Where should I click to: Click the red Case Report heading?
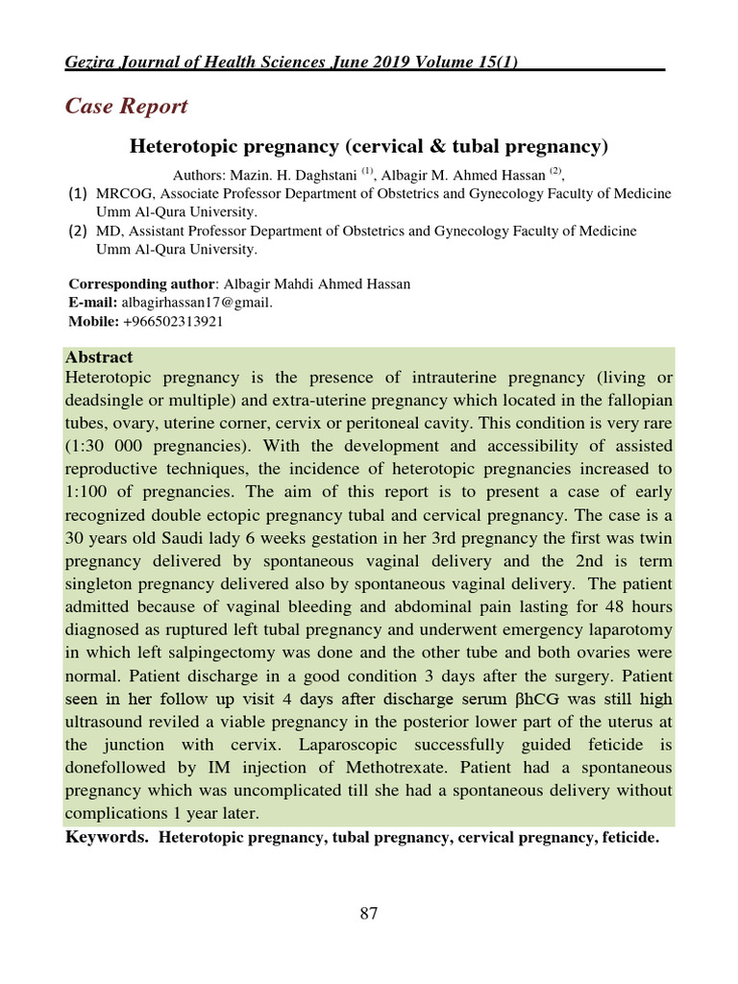126,106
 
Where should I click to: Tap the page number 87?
369,913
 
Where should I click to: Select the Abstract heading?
99,357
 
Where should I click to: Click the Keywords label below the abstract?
106,838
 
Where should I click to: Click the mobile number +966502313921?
173,322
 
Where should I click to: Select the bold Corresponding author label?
142,283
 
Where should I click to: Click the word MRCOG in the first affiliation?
121,194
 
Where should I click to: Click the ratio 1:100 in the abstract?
87,491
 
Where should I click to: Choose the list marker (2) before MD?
78,231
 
